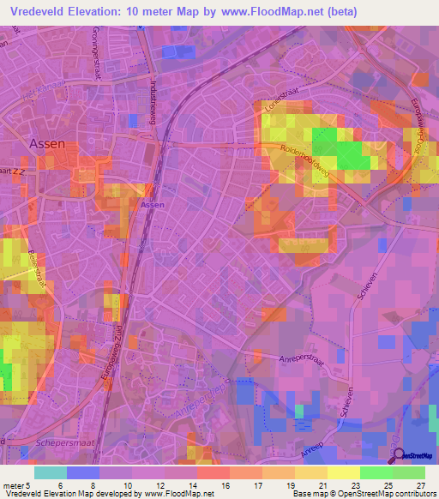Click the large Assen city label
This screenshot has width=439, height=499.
(x=47, y=144)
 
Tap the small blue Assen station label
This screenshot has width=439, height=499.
(x=152, y=206)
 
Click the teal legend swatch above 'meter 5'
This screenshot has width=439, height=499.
(x=51, y=472)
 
